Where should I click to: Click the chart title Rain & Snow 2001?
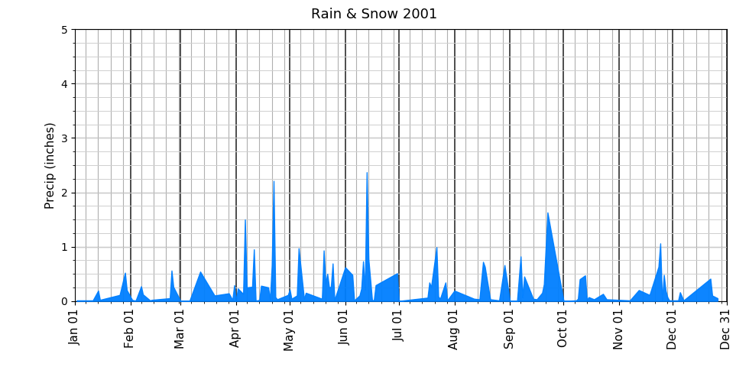tap(374, 14)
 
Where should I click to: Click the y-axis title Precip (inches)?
tap(50, 165)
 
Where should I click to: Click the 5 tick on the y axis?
tap(64, 30)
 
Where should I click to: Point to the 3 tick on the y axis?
tap(64, 138)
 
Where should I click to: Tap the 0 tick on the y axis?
tap(64, 301)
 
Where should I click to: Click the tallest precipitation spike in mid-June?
tap(367, 174)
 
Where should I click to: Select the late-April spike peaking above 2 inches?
tap(274, 183)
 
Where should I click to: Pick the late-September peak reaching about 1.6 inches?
tap(548, 214)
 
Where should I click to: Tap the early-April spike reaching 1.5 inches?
tap(245, 222)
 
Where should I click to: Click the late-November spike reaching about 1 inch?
tap(660, 245)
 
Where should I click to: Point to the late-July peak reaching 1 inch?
tap(436, 248)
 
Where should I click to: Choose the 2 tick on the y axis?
tap(64, 193)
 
